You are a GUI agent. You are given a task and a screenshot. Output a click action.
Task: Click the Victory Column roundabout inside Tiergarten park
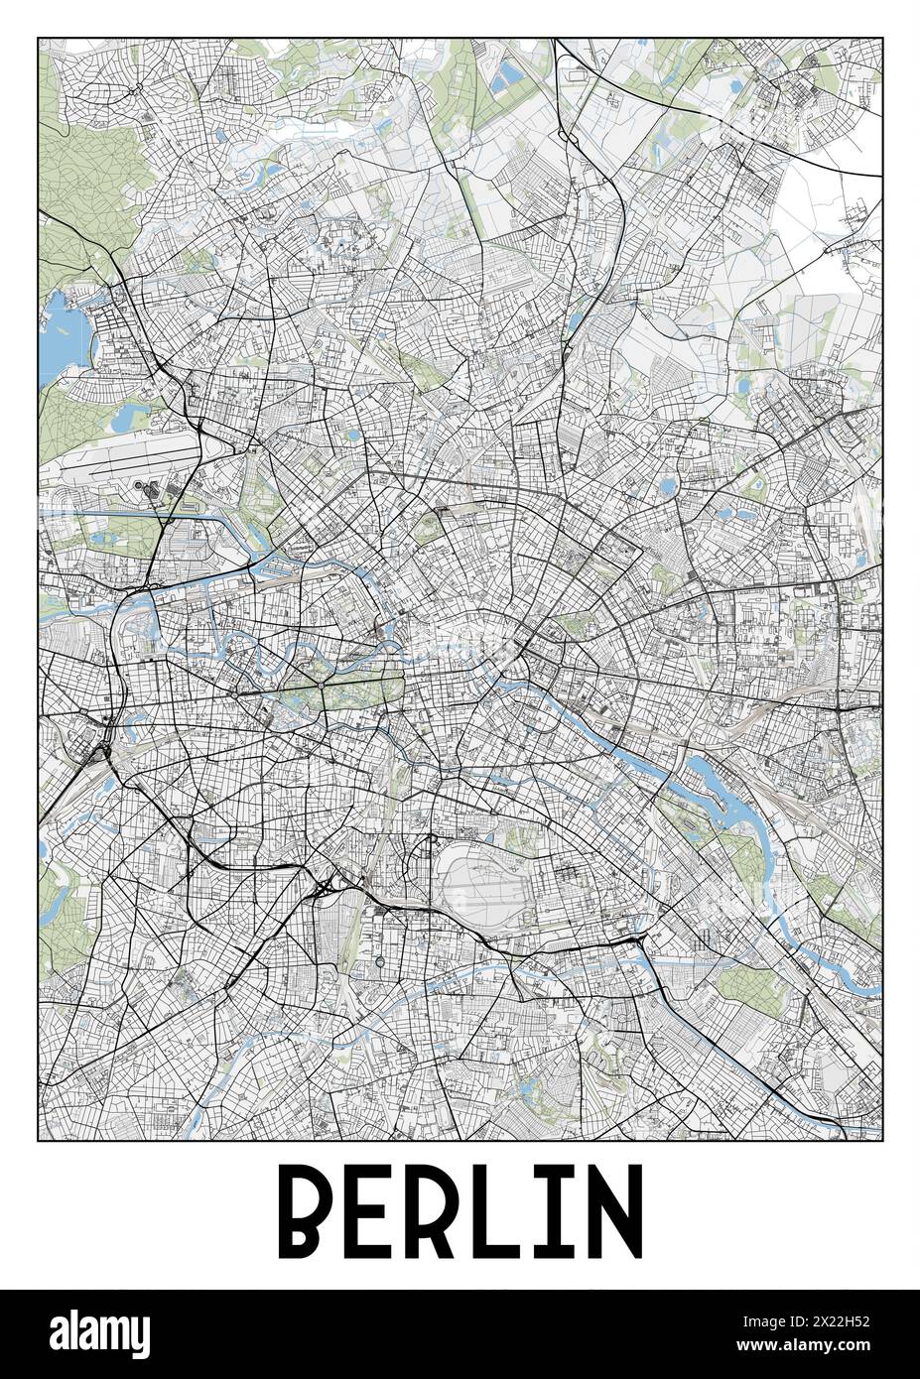[322, 686]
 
